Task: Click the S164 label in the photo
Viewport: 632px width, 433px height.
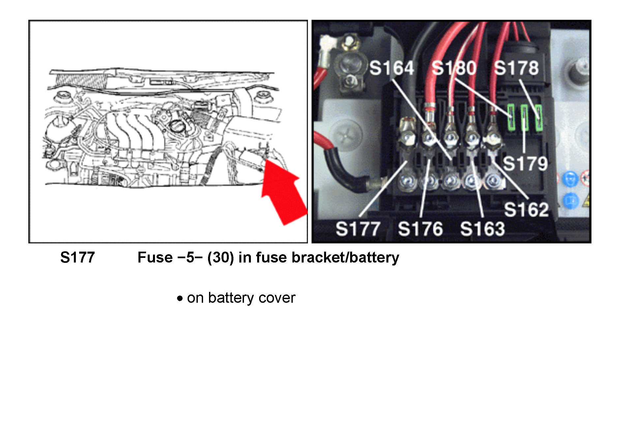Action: click(x=391, y=68)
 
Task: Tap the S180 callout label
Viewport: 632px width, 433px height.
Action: click(x=454, y=68)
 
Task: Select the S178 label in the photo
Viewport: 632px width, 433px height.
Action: click(x=516, y=68)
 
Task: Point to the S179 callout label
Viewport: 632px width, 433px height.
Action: click(x=525, y=163)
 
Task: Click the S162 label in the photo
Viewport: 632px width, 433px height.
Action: click(x=526, y=209)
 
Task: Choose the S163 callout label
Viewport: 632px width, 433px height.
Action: click(x=482, y=229)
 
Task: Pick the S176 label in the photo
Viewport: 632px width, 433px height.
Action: click(x=420, y=229)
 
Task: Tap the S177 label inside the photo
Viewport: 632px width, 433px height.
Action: click(x=358, y=229)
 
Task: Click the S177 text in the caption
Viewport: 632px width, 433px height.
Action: click(x=77, y=258)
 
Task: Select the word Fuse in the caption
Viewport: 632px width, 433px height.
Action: click(x=155, y=258)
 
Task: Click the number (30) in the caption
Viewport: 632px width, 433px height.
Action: click(x=221, y=258)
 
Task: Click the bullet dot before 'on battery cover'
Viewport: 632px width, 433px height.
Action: click(x=180, y=299)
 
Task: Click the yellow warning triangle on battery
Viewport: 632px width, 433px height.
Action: click(x=587, y=200)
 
